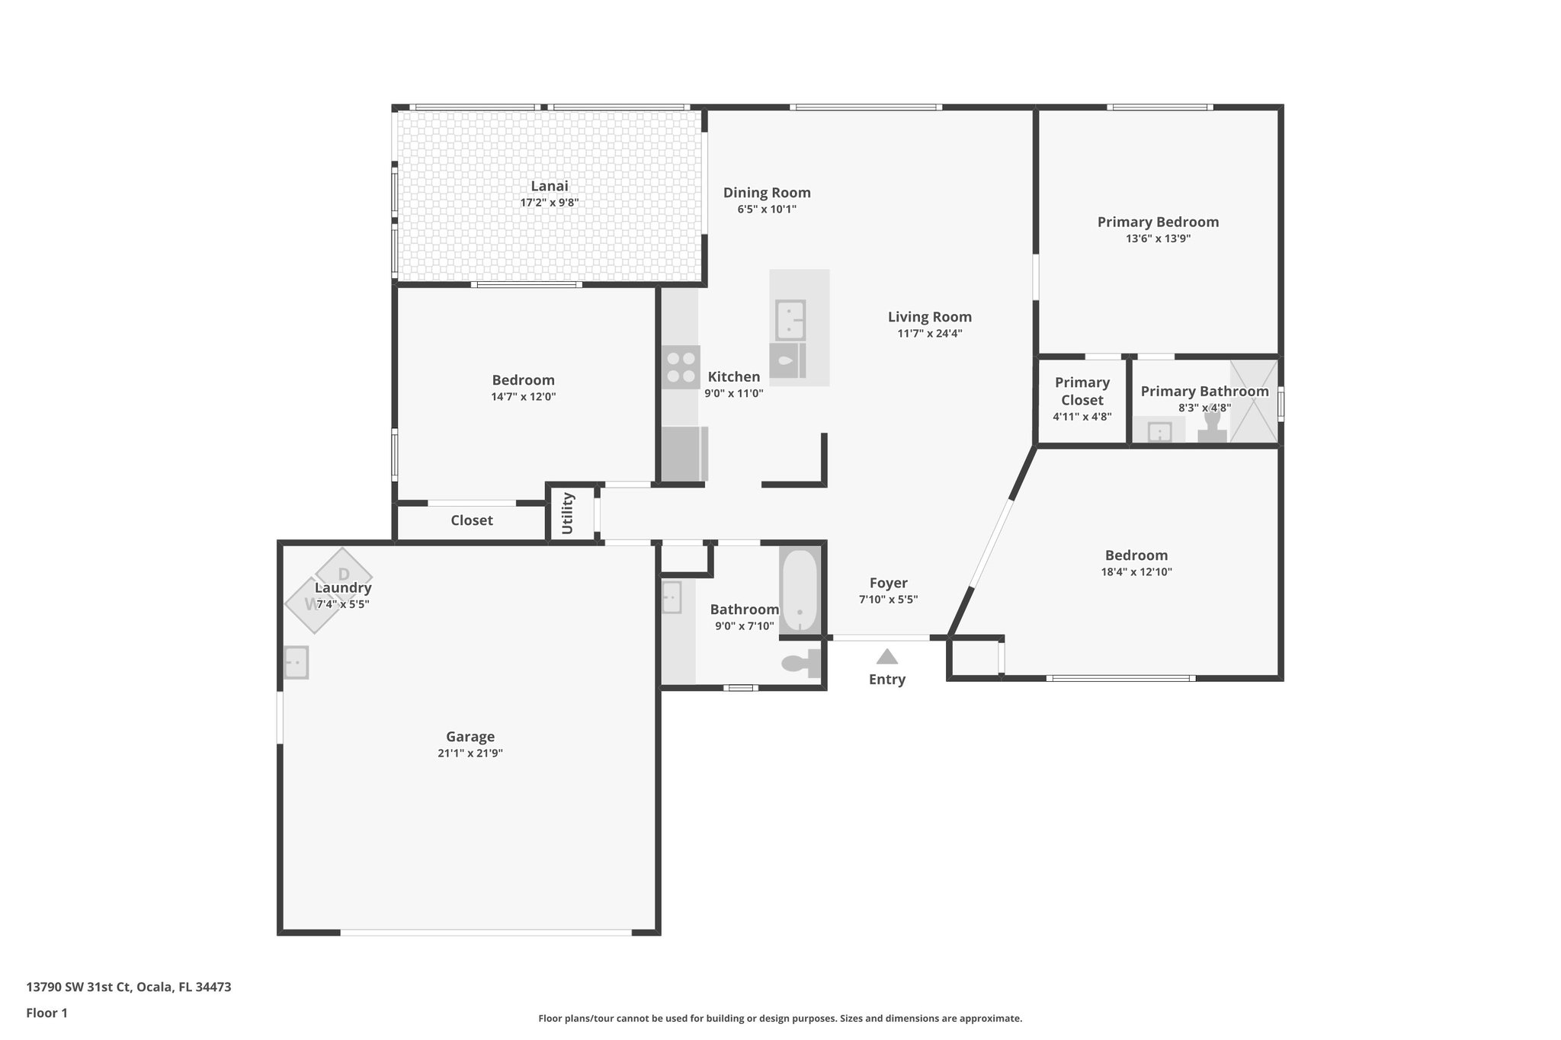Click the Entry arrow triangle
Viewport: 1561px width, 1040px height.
(886, 656)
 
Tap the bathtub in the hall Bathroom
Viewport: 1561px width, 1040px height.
(799, 591)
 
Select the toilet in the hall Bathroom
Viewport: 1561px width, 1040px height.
(800, 663)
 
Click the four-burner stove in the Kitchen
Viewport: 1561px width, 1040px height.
(680, 367)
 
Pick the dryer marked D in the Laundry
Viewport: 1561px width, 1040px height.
(343, 573)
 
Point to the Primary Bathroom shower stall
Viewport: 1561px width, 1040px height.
(1253, 401)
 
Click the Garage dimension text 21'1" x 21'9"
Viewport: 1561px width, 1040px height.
(470, 753)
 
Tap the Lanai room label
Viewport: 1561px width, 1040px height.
(549, 186)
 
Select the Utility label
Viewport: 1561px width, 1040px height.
(567, 514)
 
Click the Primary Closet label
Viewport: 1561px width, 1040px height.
(1082, 391)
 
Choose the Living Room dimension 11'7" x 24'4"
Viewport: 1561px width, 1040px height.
(929, 333)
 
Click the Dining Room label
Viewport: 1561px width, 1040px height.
(766, 193)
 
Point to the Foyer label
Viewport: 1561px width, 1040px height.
(888, 583)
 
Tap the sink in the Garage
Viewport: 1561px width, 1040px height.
(296, 662)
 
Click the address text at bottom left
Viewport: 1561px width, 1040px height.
(128, 987)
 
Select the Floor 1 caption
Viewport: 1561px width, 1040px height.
(46, 1013)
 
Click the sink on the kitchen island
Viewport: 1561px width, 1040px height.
(790, 320)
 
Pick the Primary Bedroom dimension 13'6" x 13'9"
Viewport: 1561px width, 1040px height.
(1157, 238)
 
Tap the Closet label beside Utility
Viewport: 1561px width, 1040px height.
(471, 520)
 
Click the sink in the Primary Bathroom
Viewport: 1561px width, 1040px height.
(1159, 432)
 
